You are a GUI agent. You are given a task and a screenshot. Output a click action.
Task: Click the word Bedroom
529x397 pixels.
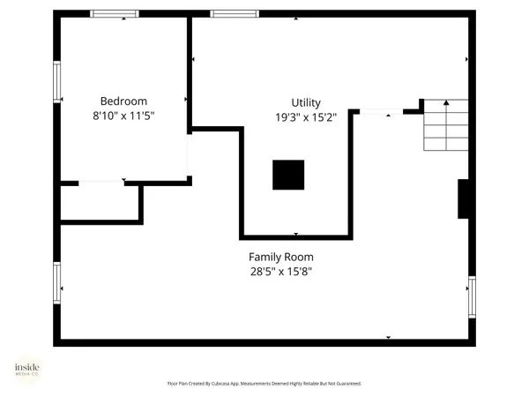[x=123, y=101]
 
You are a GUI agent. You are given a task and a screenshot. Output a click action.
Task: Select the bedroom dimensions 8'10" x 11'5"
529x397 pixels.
[x=123, y=115]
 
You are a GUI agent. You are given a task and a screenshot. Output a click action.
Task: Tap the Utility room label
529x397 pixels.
[x=306, y=102]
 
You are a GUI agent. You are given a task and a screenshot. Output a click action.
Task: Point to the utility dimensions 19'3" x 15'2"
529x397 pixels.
[x=306, y=116]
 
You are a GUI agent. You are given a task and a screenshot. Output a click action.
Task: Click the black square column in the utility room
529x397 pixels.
[x=287, y=175]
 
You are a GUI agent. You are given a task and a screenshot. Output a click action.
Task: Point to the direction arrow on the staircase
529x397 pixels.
[x=446, y=104]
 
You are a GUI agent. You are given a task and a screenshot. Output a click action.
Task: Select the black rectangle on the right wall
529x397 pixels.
[x=463, y=198]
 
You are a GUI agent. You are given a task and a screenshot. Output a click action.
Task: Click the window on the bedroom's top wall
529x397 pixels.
[x=115, y=14]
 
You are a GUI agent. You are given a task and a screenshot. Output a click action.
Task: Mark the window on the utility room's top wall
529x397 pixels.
[x=235, y=14]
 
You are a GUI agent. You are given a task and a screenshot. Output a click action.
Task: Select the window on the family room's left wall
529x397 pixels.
[x=57, y=282]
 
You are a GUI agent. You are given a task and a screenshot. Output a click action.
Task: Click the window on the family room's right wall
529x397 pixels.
[x=471, y=297]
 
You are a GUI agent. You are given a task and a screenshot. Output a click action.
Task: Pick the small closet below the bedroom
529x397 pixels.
[x=100, y=203]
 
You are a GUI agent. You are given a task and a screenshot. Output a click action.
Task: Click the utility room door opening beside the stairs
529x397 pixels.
[x=380, y=111]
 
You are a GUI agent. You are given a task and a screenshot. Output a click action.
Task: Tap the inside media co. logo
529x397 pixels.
[x=26, y=369]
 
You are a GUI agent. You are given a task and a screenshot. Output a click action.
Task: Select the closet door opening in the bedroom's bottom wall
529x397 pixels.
[x=101, y=183]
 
